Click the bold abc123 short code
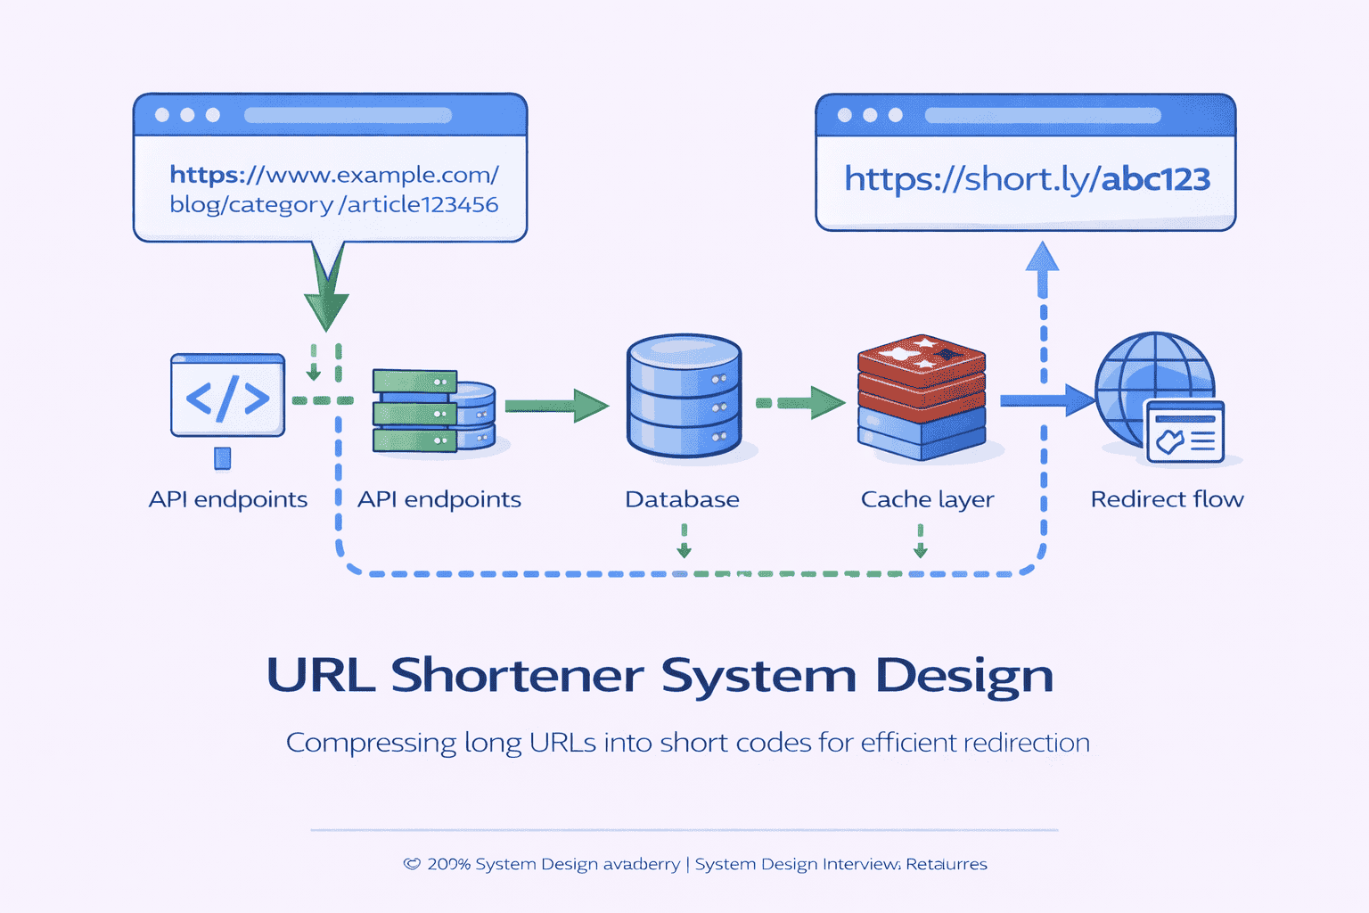[x=1156, y=180]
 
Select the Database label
[x=682, y=499]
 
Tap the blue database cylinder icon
[x=684, y=396]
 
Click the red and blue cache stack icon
[x=922, y=398]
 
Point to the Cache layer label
[x=927, y=499]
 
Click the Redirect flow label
[x=1167, y=499]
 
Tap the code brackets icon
[x=227, y=397]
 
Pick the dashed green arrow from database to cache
[x=800, y=403]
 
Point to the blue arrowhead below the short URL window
[x=1042, y=258]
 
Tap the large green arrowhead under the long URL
[x=326, y=304]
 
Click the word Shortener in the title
[x=517, y=675]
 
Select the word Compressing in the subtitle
[x=371, y=743]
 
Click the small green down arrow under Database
[x=684, y=543]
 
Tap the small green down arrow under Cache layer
[x=921, y=543]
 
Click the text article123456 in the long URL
[x=422, y=205]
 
